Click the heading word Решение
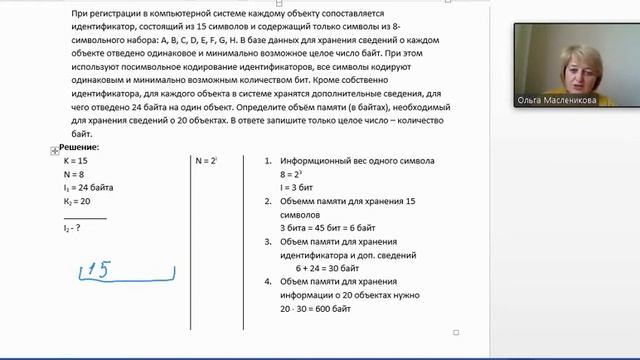point(79,146)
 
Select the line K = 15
point(76,160)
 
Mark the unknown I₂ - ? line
point(72,228)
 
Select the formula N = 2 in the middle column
point(206,160)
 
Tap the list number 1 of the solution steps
point(268,160)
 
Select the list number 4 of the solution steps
point(268,283)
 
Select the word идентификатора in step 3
point(316,255)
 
